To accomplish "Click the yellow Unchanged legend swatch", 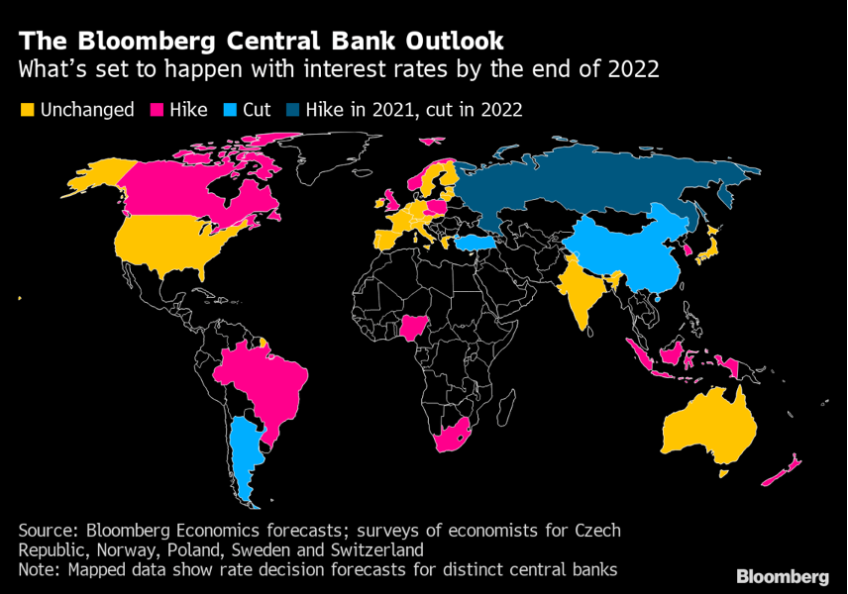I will point(27,110).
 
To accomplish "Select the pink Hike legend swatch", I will point(156,110).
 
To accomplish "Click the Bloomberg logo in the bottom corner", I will point(783,577).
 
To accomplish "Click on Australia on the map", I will point(709,426).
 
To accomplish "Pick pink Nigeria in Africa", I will point(415,327).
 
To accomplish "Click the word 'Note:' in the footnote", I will point(41,569).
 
